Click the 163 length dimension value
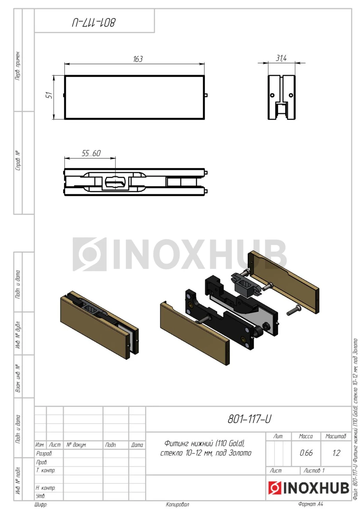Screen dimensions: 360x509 (x=138, y=59)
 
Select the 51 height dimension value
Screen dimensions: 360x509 (x=49, y=95)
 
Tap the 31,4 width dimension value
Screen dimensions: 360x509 (x=281, y=58)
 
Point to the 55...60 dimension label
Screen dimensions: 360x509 (x=91, y=153)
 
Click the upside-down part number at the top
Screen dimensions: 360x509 (x=94, y=23)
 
